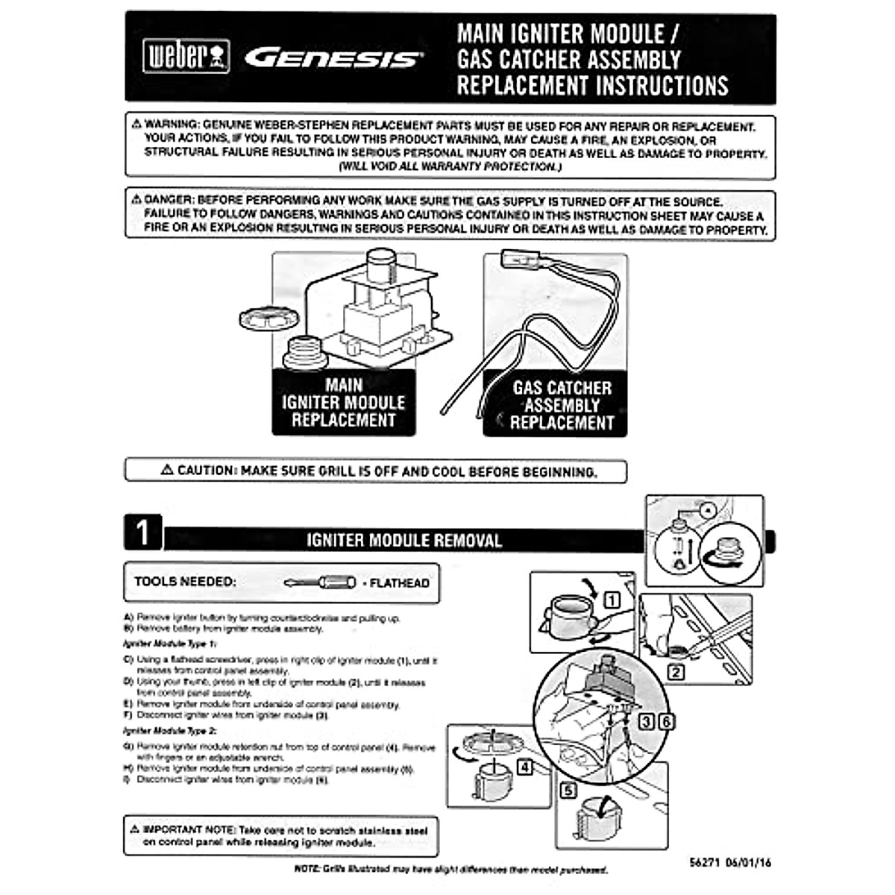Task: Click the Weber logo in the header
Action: [x=186, y=57]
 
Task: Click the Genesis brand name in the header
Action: [x=333, y=58]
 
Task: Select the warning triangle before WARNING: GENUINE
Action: [x=136, y=125]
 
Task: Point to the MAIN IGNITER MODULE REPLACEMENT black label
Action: [x=343, y=403]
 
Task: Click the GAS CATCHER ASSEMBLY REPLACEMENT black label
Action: [x=561, y=406]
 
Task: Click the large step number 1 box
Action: [x=142, y=533]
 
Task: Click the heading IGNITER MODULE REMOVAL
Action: [x=403, y=541]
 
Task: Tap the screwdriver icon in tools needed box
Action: [x=319, y=582]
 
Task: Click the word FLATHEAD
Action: [x=399, y=583]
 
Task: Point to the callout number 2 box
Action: [x=676, y=673]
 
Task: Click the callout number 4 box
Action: [x=525, y=767]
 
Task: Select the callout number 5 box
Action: [x=568, y=791]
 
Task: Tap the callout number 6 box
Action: [x=666, y=721]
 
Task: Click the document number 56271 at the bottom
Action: [x=704, y=862]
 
